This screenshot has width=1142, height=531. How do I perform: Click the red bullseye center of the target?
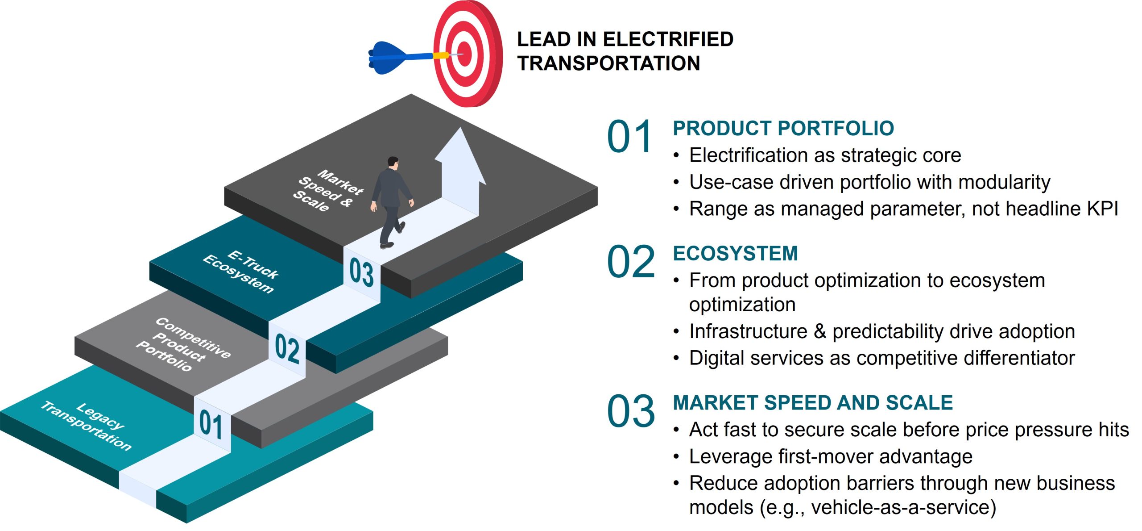point(464,54)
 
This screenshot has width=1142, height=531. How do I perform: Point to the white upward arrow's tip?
point(460,128)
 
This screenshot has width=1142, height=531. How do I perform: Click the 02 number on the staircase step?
point(287,348)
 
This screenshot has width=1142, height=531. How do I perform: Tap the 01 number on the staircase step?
point(211,425)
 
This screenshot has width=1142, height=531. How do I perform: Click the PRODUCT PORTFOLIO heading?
point(783,129)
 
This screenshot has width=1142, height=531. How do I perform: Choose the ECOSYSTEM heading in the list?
point(735,254)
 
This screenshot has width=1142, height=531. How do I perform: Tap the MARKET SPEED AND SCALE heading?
point(813,403)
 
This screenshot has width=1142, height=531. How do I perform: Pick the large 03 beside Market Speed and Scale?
point(631,411)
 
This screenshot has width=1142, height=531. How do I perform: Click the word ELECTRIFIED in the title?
point(668,39)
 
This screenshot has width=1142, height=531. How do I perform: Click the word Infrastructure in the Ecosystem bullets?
point(748,331)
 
